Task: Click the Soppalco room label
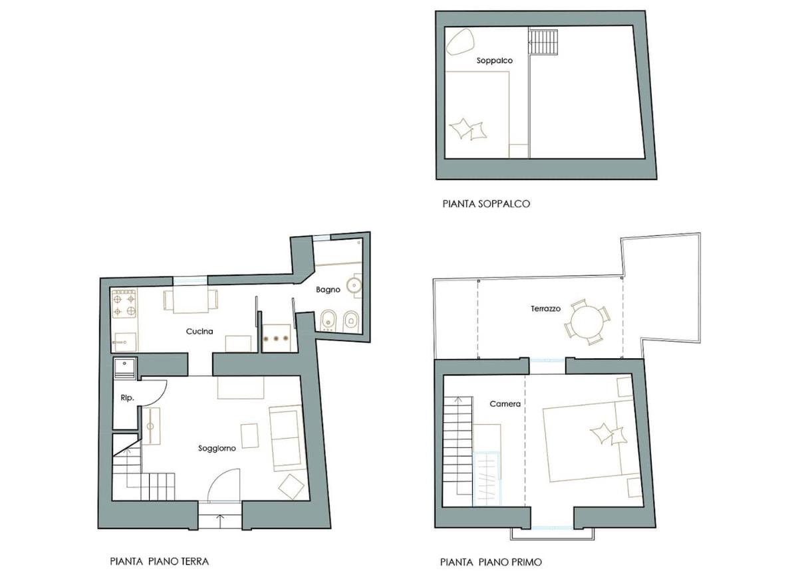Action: [x=495, y=60]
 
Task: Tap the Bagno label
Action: [x=328, y=290]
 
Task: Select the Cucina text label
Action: [x=199, y=331]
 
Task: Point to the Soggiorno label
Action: [x=217, y=449]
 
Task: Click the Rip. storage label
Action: [x=127, y=398]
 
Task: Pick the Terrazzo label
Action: [x=545, y=308]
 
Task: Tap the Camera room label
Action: [x=505, y=404]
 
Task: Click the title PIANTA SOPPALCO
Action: [x=486, y=204]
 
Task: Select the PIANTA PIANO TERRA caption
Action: [x=159, y=562]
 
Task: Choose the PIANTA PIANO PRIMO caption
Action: [x=491, y=562]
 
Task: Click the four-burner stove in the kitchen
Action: [x=124, y=304]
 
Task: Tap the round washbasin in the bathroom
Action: [x=354, y=284]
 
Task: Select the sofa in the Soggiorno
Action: [x=287, y=438]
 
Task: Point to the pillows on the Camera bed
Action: [x=608, y=434]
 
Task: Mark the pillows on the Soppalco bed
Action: [x=467, y=128]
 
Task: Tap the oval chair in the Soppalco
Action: [x=461, y=41]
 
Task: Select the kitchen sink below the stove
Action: [x=125, y=342]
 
